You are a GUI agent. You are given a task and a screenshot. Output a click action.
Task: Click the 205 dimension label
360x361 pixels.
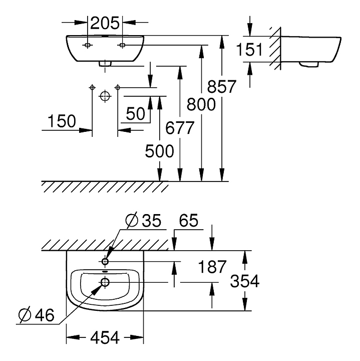(x=105, y=23)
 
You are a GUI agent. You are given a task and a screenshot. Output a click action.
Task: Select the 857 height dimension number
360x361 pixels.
(x=222, y=87)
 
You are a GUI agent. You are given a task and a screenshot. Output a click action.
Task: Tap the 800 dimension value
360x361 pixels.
(x=201, y=104)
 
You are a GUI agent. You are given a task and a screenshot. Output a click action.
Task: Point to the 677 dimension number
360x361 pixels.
(x=180, y=128)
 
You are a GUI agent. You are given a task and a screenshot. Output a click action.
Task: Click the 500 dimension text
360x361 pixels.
(x=159, y=151)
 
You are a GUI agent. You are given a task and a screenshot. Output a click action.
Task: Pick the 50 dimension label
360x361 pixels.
(x=136, y=113)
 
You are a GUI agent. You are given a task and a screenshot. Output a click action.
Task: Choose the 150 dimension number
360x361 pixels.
(x=62, y=121)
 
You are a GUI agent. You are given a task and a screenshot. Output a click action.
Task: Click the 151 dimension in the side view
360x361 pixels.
(x=249, y=50)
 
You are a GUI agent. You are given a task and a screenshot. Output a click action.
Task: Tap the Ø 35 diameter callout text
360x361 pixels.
(x=143, y=220)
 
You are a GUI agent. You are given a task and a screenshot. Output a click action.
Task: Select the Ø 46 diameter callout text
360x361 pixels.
(x=37, y=315)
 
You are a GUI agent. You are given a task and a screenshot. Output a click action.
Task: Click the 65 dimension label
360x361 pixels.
(x=188, y=220)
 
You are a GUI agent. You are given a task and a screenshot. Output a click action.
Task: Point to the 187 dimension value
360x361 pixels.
(x=212, y=267)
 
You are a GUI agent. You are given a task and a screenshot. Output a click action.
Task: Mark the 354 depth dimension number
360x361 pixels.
(x=245, y=281)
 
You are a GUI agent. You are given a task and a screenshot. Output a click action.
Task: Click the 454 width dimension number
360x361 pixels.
(x=105, y=338)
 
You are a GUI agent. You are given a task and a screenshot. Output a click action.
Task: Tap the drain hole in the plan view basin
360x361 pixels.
(x=105, y=282)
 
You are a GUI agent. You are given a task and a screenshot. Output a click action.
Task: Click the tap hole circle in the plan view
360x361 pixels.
(x=105, y=262)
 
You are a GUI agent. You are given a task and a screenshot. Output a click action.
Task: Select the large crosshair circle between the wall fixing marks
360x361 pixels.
(x=105, y=96)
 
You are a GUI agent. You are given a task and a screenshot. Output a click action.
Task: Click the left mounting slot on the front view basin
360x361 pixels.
(x=87, y=45)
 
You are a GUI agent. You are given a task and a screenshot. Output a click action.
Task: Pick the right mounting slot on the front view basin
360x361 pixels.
(x=122, y=45)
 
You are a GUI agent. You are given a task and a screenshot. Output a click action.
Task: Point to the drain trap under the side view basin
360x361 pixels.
(x=309, y=65)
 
